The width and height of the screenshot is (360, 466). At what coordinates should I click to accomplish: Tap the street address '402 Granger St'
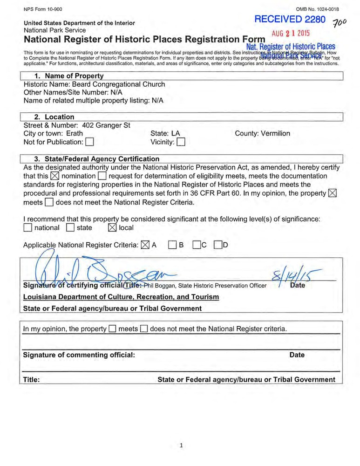(106, 125)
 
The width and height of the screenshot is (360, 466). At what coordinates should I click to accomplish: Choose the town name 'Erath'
(75, 133)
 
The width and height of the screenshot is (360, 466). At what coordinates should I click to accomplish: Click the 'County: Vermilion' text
(263, 133)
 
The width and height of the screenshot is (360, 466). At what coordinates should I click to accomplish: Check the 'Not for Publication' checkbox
(90, 142)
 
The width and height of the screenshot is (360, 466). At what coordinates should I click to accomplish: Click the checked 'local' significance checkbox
(112, 228)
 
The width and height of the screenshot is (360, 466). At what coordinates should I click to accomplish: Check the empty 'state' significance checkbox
(70, 228)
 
